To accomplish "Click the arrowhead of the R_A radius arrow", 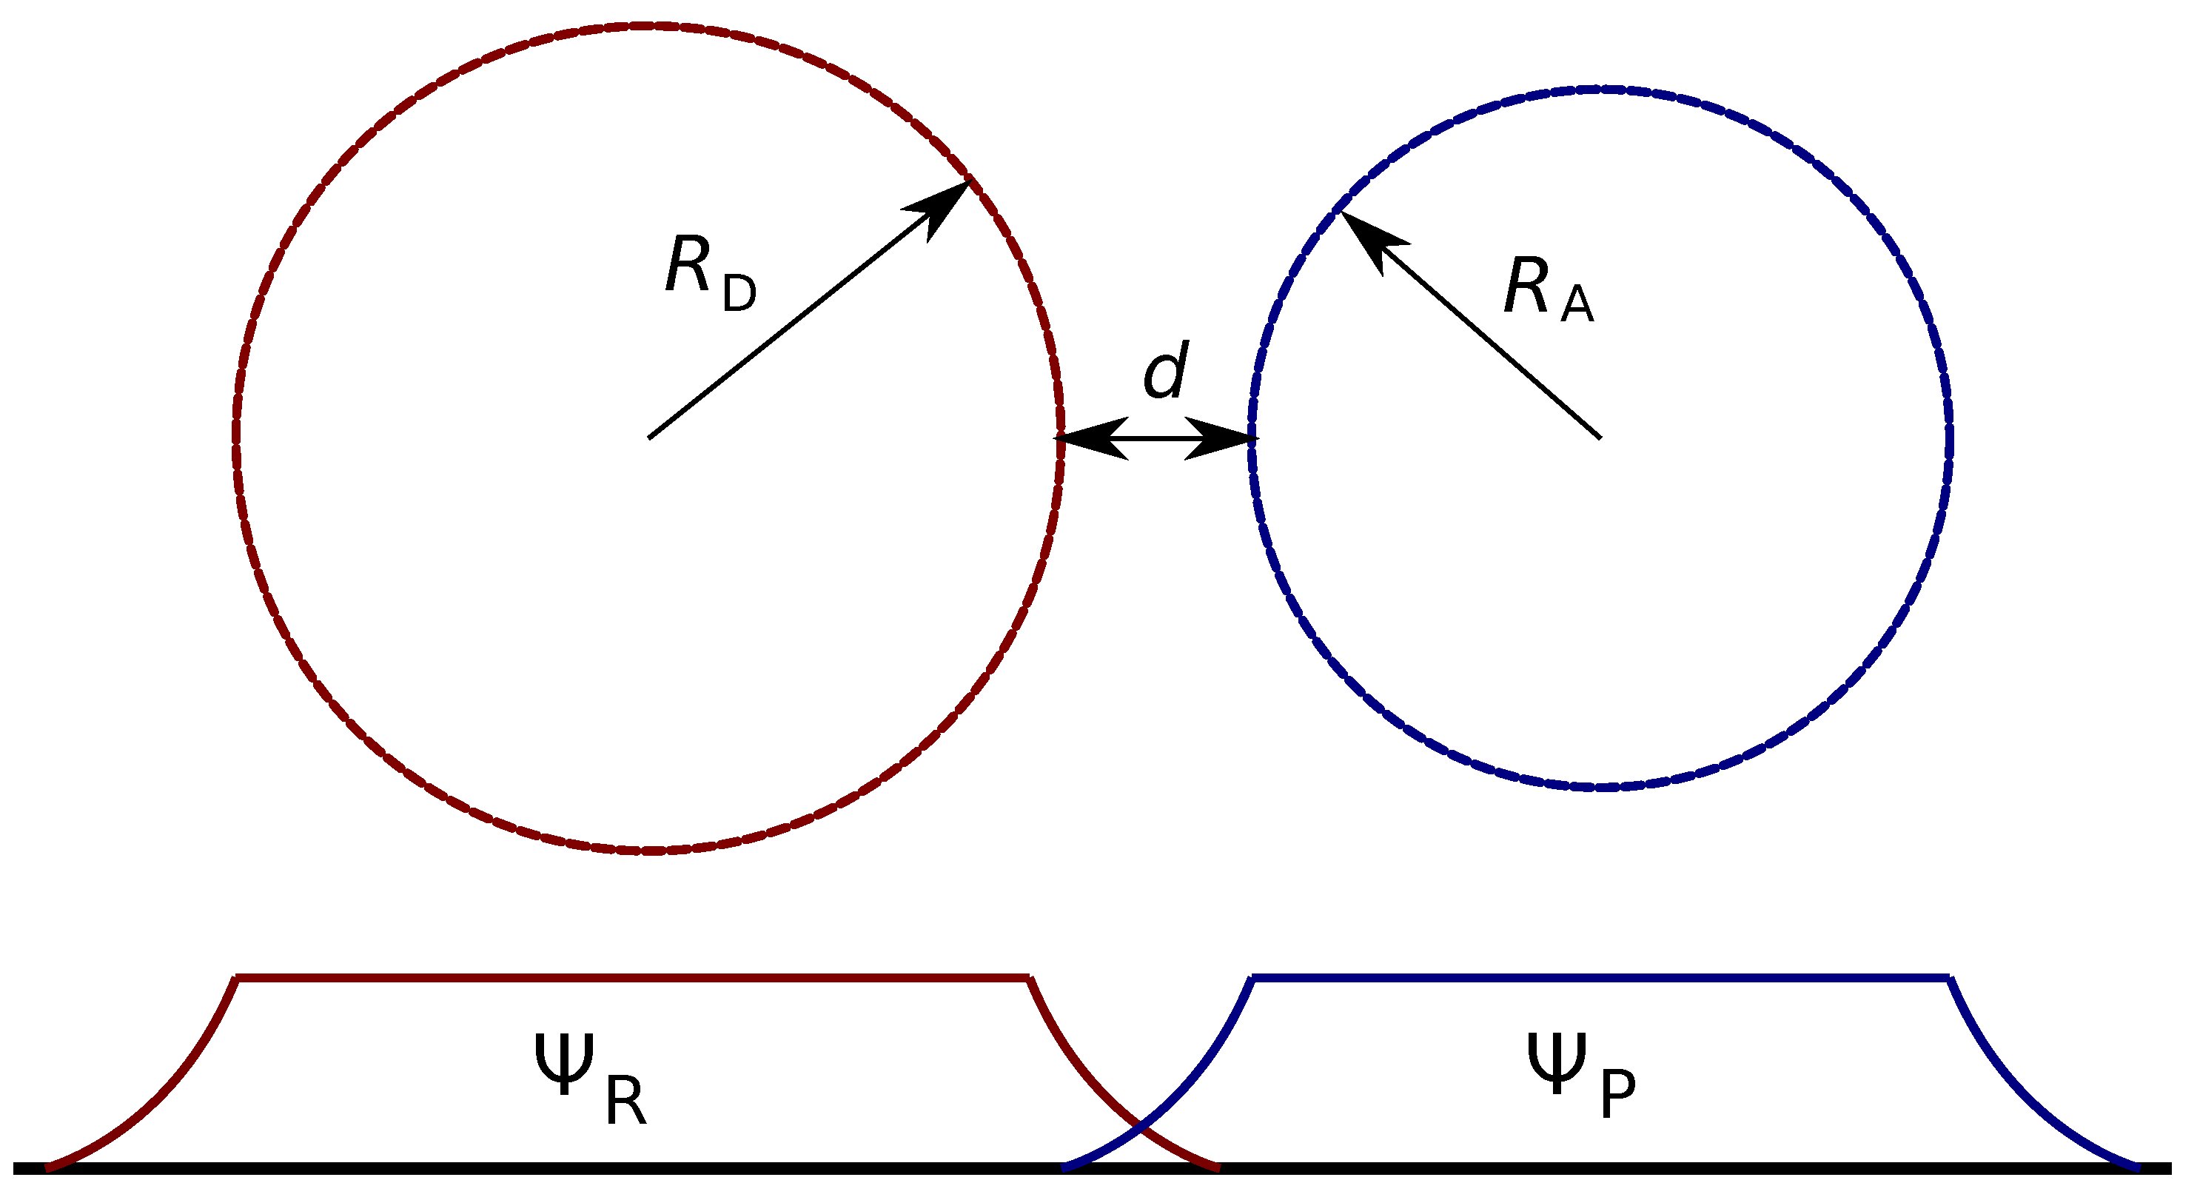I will point(1364,234).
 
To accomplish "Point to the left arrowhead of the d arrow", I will point(1083,438).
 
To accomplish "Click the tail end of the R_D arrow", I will point(650,438).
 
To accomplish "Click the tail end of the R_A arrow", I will point(1600,438).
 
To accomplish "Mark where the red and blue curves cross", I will point(1140,1131).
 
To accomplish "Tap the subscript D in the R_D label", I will point(739,293).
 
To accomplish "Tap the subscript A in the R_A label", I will point(1577,305).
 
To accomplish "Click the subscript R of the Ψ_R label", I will point(626,1103).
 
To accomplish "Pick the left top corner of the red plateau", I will point(238,977).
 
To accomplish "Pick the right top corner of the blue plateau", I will point(1950,977).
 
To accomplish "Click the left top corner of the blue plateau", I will point(1252,977).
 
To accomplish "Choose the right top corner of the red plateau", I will point(1030,977).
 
